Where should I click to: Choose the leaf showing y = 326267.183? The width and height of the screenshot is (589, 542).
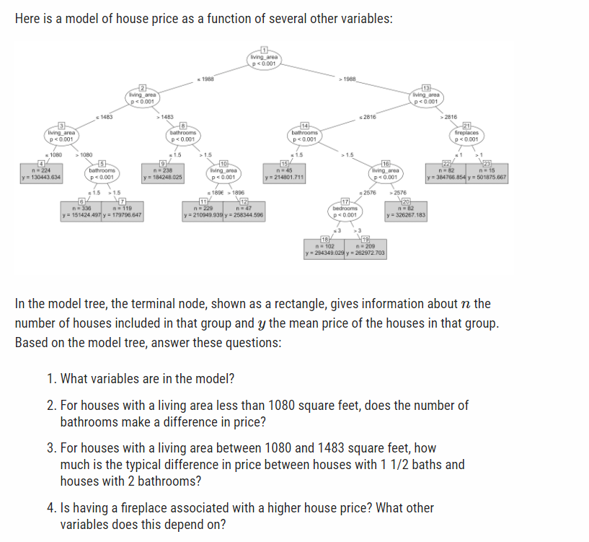[407, 211]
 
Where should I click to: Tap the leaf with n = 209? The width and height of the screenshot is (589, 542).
[366, 250]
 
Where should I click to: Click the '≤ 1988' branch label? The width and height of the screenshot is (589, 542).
[205, 78]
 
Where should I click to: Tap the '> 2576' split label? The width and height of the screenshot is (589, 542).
[397, 193]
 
